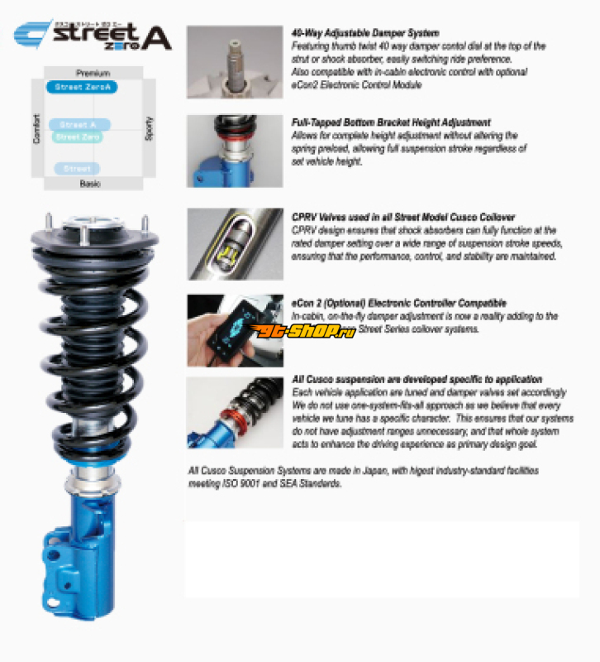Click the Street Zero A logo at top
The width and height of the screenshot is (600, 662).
point(93,36)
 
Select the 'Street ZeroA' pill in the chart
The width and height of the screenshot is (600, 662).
point(80,87)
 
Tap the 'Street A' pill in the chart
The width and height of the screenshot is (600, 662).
point(79,125)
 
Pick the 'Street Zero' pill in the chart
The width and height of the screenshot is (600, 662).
point(79,137)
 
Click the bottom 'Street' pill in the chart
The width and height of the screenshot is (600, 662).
point(77,169)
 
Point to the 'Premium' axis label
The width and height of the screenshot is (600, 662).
point(93,74)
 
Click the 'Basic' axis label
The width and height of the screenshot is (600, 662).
point(90,184)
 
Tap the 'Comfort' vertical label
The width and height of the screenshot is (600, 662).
point(36,128)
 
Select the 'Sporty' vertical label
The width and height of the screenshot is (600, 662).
point(149,128)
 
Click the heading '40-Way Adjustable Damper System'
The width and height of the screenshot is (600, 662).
point(364,34)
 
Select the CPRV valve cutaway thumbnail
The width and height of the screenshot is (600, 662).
point(235,243)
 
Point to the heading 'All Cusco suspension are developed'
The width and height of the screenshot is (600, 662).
point(417,379)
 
